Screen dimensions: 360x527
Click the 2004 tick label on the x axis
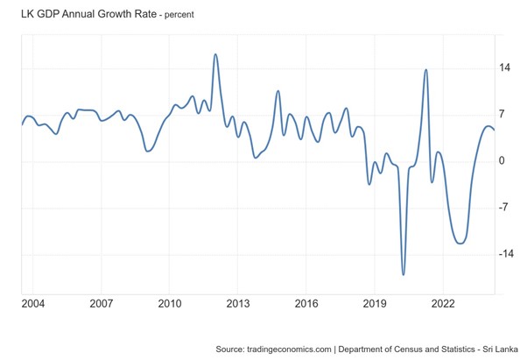(33, 303)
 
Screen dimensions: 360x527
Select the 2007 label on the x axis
(102, 303)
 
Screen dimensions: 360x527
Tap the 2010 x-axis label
(170, 303)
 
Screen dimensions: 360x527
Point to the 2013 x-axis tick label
(238, 303)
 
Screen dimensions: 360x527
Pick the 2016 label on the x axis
(306, 303)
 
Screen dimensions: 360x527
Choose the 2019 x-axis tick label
(375, 303)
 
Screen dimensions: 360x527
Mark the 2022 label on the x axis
(443, 303)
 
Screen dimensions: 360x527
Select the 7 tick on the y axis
(502, 114)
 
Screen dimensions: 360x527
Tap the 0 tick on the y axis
(502, 160)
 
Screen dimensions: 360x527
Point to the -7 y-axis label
(504, 208)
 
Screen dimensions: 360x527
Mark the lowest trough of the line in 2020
(404, 274)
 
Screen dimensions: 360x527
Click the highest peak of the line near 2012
(215, 54)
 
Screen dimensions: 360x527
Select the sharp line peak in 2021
(425, 70)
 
